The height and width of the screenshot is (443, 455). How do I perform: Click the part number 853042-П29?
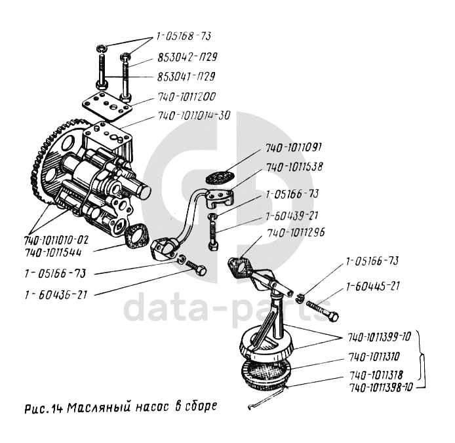click(188, 57)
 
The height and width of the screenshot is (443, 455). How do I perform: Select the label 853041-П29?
click(186, 77)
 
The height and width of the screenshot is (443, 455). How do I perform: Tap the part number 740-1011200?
click(187, 96)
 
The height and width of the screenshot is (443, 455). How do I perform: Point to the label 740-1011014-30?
click(194, 116)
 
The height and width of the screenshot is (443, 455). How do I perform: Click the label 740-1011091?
click(294, 147)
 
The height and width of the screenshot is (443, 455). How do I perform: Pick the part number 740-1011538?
click(294, 167)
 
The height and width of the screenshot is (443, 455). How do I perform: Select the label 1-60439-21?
click(292, 216)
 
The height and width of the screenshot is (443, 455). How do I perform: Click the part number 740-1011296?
click(296, 233)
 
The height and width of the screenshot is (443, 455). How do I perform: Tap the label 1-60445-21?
click(373, 286)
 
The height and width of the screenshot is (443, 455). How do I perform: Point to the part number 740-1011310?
click(374, 356)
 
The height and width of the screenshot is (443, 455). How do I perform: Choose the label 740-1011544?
click(53, 253)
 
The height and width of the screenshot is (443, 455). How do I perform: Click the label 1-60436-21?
click(56, 295)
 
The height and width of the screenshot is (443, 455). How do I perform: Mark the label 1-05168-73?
click(184, 37)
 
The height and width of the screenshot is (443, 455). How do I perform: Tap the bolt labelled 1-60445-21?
click(322, 309)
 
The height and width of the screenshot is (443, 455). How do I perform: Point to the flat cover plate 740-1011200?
click(108, 106)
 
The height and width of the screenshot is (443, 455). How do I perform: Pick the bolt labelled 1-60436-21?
click(196, 268)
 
